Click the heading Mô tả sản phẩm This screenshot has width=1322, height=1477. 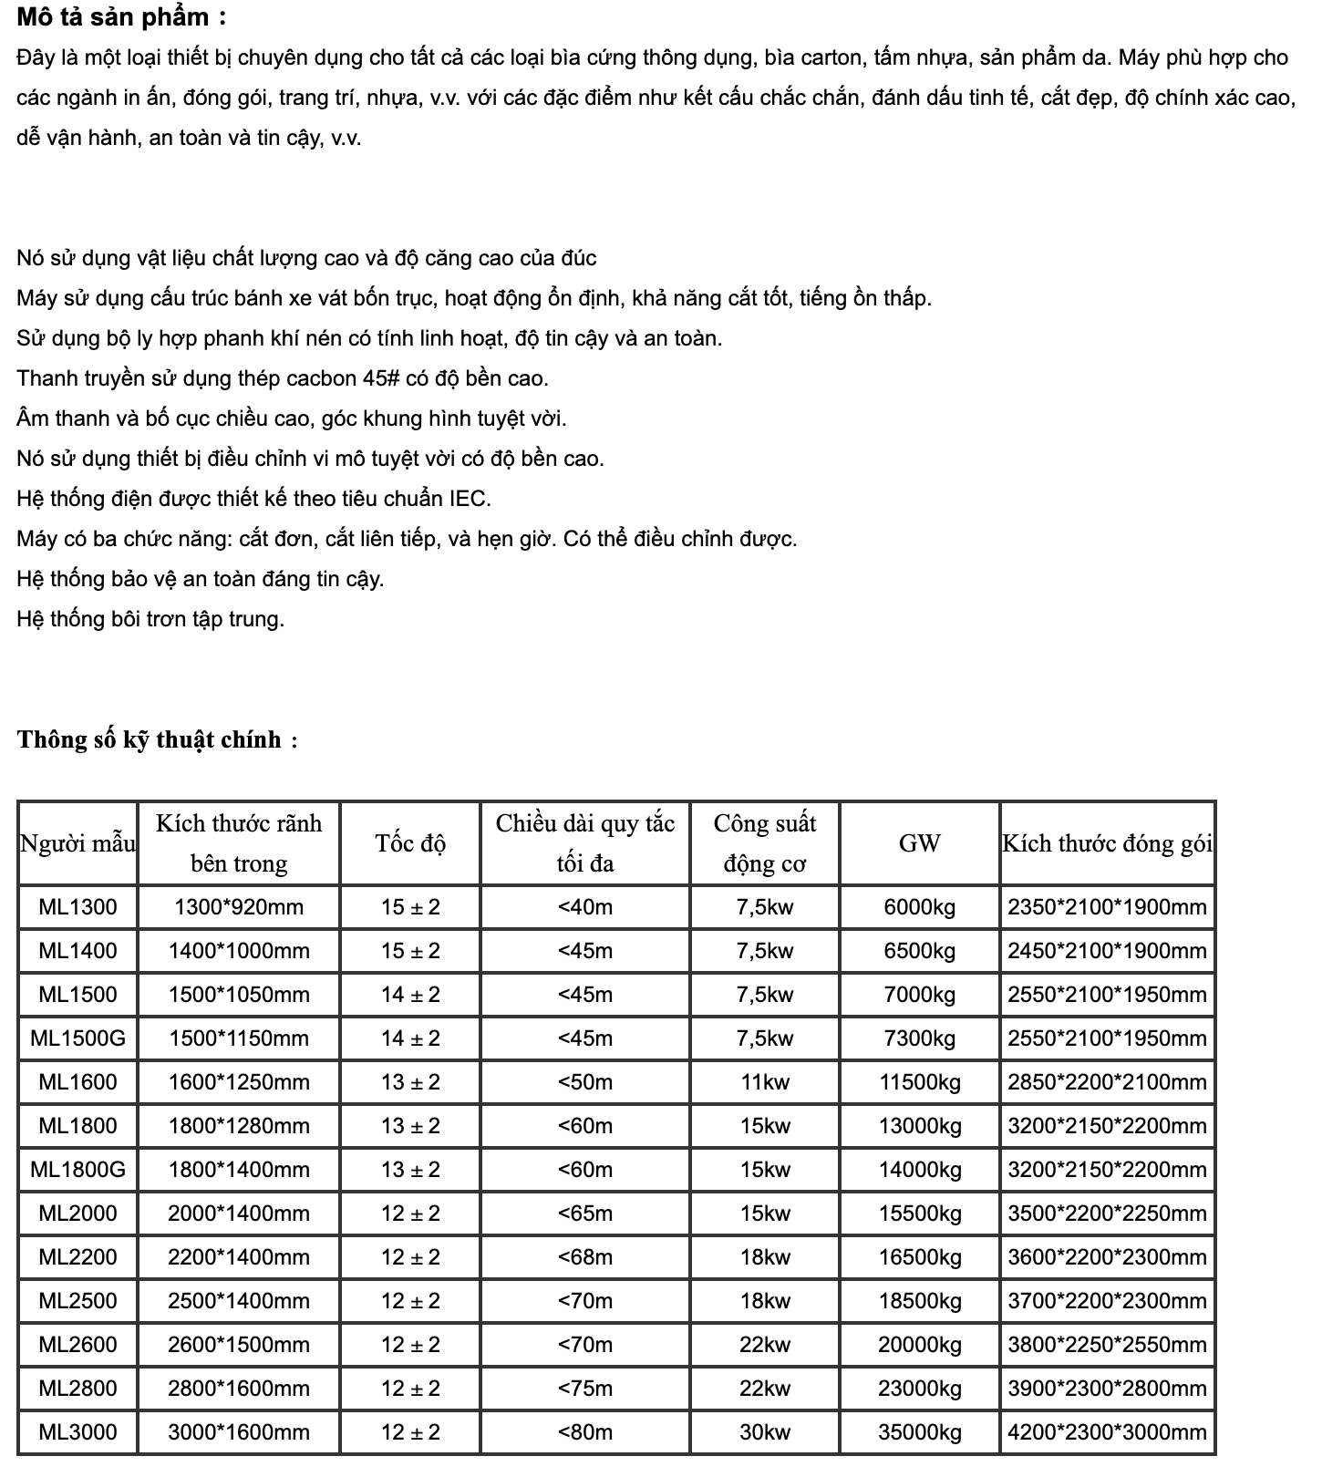pos(121,16)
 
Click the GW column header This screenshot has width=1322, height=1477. pos(919,843)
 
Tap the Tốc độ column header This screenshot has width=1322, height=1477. pos(410,843)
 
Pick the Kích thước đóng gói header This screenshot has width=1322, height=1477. pos(1107,843)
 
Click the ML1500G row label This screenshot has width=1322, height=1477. pos(78,1038)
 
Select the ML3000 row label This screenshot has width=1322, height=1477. pos(78,1432)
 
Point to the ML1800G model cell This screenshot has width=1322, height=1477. pos(78,1170)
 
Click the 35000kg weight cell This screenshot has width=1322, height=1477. pos(919,1432)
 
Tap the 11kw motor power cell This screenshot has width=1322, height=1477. pos(765,1082)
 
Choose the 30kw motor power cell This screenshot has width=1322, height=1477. pos(765,1432)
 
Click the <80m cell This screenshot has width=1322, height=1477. pos(584,1432)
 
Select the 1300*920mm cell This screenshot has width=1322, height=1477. pos(239,907)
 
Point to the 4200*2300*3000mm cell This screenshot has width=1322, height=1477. pos(1107,1432)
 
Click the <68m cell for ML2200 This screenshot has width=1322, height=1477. pos(584,1257)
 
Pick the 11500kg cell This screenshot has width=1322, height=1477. pos(919,1082)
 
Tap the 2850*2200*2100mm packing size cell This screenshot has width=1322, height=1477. pos(1107,1082)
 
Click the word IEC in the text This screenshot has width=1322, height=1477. pos(470,499)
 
